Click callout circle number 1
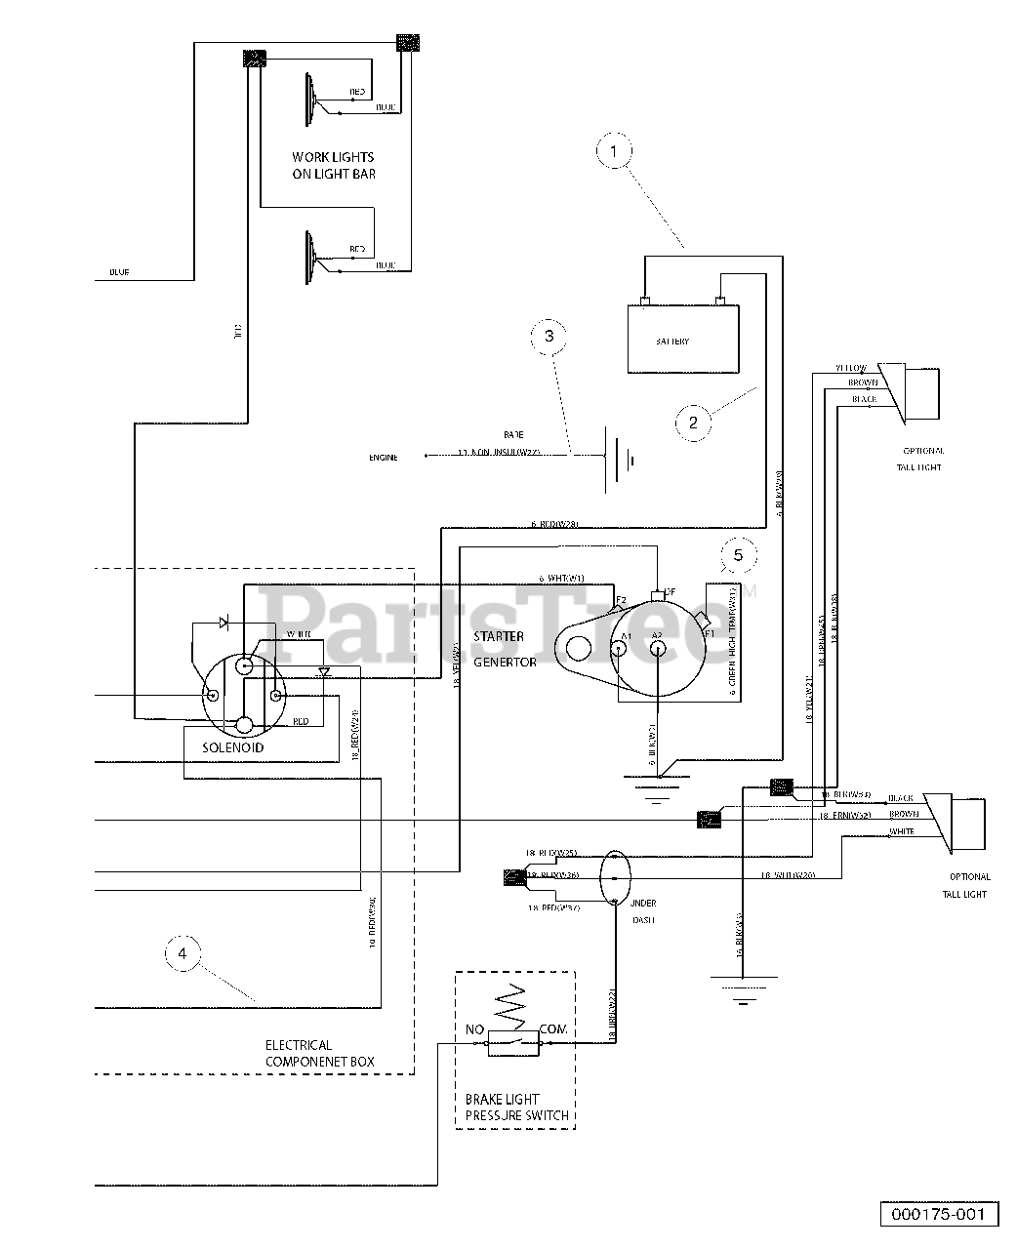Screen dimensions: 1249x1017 click(x=614, y=152)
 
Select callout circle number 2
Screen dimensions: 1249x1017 click(x=693, y=422)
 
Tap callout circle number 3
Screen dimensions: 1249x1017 click(x=549, y=335)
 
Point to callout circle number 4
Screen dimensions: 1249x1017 click(x=183, y=952)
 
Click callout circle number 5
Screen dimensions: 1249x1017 click(x=738, y=555)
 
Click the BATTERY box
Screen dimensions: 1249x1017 click(x=682, y=340)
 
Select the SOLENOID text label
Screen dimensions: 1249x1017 click(x=233, y=747)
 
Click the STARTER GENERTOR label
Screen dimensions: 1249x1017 click(x=506, y=649)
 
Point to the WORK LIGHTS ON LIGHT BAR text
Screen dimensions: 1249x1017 click(x=333, y=165)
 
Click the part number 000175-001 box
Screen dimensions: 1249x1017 click(x=940, y=1214)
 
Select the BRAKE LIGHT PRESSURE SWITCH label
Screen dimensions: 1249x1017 click(x=515, y=1107)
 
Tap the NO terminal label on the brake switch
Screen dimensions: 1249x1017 click(x=475, y=1029)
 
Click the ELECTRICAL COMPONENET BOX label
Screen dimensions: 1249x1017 click(x=320, y=1053)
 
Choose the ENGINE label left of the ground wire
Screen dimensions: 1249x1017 click(x=384, y=457)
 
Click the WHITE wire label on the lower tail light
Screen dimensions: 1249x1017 click(x=902, y=831)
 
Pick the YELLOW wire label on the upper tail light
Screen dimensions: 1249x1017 click(x=850, y=368)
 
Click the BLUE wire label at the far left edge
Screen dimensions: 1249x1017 click(x=119, y=272)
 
